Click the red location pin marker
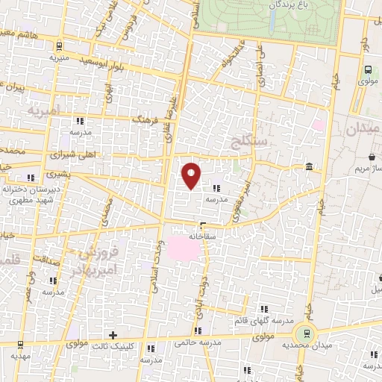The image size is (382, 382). (x=192, y=175)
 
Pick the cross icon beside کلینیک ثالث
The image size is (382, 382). (x=113, y=335)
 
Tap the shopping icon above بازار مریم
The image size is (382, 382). (x=372, y=157)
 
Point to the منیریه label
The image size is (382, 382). (x=59, y=57)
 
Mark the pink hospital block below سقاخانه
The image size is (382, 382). (x=186, y=249)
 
